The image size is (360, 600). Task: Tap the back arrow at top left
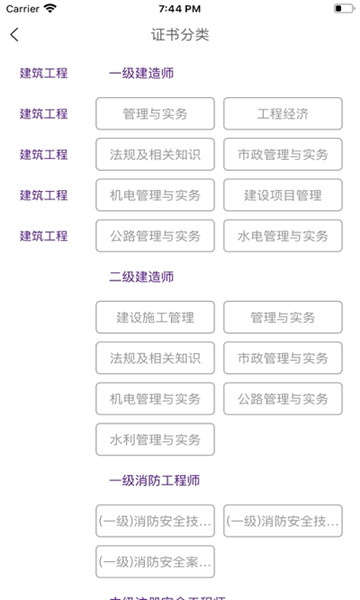pos(14,35)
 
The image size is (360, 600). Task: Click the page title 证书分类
pos(180,35)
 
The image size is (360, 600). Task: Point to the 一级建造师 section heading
pos(141,73)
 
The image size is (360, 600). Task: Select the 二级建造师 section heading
pos(141,277)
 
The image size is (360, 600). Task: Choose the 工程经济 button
pos(282,114)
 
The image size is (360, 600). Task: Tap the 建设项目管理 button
pos(282,195)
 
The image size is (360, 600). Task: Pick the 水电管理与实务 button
pos(282,236)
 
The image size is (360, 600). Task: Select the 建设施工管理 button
pos(155,318)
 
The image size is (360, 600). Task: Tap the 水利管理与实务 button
pos(155,440)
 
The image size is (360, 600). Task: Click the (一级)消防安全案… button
pos(155,562)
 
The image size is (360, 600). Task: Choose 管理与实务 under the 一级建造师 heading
pos(155,114)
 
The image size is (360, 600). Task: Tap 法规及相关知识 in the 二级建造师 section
pos(155,358)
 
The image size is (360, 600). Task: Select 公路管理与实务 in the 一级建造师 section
pos(155,236)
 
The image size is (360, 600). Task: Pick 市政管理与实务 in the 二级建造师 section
pos(282,358)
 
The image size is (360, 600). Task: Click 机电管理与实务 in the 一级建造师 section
pos(155,195)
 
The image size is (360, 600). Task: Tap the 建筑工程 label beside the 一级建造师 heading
pos(44,73)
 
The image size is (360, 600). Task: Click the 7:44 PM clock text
pos(180,8)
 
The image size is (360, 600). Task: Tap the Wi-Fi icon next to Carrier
pos(50,8)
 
